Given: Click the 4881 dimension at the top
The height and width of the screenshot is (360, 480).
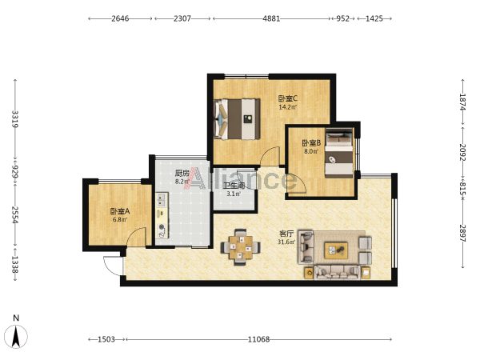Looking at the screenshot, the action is (x=271, y=18).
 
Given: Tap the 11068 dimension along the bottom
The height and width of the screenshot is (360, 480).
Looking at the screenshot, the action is (x=258, y=339).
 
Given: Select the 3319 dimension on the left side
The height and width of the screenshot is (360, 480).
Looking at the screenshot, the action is (x=15, y=119).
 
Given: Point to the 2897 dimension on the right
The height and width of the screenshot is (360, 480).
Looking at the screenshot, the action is (x=462, y=234).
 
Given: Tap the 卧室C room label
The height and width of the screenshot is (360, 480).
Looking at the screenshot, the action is (x=288, y=98).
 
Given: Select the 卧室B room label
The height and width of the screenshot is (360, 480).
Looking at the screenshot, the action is (x=311, y=143).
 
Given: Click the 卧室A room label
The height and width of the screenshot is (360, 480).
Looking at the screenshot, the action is (x=120, y=211).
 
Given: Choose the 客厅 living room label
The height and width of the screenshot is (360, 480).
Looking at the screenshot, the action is (x=286, y=234).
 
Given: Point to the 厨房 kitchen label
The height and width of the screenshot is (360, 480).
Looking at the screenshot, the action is (x=182, y=174).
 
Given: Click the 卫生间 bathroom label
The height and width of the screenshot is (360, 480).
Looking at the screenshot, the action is (x=234, y=186).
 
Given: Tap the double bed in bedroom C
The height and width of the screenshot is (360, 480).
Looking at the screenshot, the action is (x=238, y=119).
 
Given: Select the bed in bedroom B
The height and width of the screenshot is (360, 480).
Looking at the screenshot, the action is (x=339, y=153).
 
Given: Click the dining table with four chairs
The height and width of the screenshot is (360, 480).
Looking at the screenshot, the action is (x=241, y=246).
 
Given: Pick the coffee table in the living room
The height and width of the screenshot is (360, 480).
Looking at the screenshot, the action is (x=336, y=250).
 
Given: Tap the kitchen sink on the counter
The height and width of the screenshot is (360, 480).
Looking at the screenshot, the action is (x=162, y=200).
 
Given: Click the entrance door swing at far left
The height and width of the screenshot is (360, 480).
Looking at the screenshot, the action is (x=114, y=266).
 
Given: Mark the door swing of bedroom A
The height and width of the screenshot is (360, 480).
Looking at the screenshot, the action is (x=137, y=237).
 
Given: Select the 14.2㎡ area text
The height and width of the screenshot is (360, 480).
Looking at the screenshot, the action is (x=288, y=107).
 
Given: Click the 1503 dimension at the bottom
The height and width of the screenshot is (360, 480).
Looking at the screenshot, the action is (x=106, y=339).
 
